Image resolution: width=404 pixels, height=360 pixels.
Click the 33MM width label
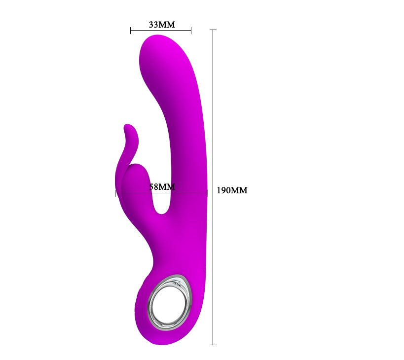(x=162, y=25)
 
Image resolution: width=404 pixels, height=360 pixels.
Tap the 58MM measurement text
(x=162, y=187)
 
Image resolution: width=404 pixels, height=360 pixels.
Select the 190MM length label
(x=232, y=190)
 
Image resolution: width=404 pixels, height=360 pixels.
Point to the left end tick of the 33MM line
(x=131, y=31)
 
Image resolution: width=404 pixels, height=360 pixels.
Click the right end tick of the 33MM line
(x=191, y=31)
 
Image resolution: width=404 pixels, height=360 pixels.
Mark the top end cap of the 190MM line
(x=213, y=30)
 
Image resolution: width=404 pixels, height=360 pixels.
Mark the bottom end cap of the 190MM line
(x=213, y=345)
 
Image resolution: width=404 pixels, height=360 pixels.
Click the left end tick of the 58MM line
(x=115, y=193)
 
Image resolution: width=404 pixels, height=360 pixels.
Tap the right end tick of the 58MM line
(x=207, y=193)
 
